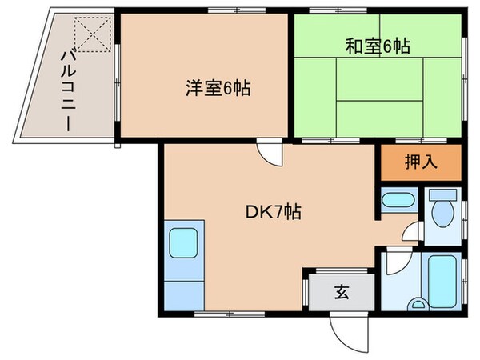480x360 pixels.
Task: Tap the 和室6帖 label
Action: pos(377,47)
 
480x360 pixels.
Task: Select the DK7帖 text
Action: pos(273,213)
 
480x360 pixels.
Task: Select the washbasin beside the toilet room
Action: pos(396,201)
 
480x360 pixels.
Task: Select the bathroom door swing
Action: pos(394,263)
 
